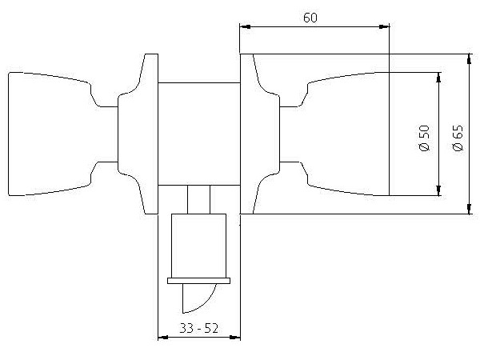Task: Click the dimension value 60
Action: [x=310, y=18]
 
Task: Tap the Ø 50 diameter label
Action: [x=424, y=138]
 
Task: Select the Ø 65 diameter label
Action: [x=458, y=138]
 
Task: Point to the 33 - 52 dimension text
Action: [x=198, y=328]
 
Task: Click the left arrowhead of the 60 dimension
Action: [x=245, y=27]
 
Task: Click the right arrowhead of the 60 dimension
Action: [x=384, y=27]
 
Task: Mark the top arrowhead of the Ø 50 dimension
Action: [x=438, y=78]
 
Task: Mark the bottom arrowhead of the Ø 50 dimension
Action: [x=438, y=190]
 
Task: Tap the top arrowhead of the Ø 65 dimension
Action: [x=470, y=59]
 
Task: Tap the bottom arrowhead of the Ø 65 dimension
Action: [x=470, y=209]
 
